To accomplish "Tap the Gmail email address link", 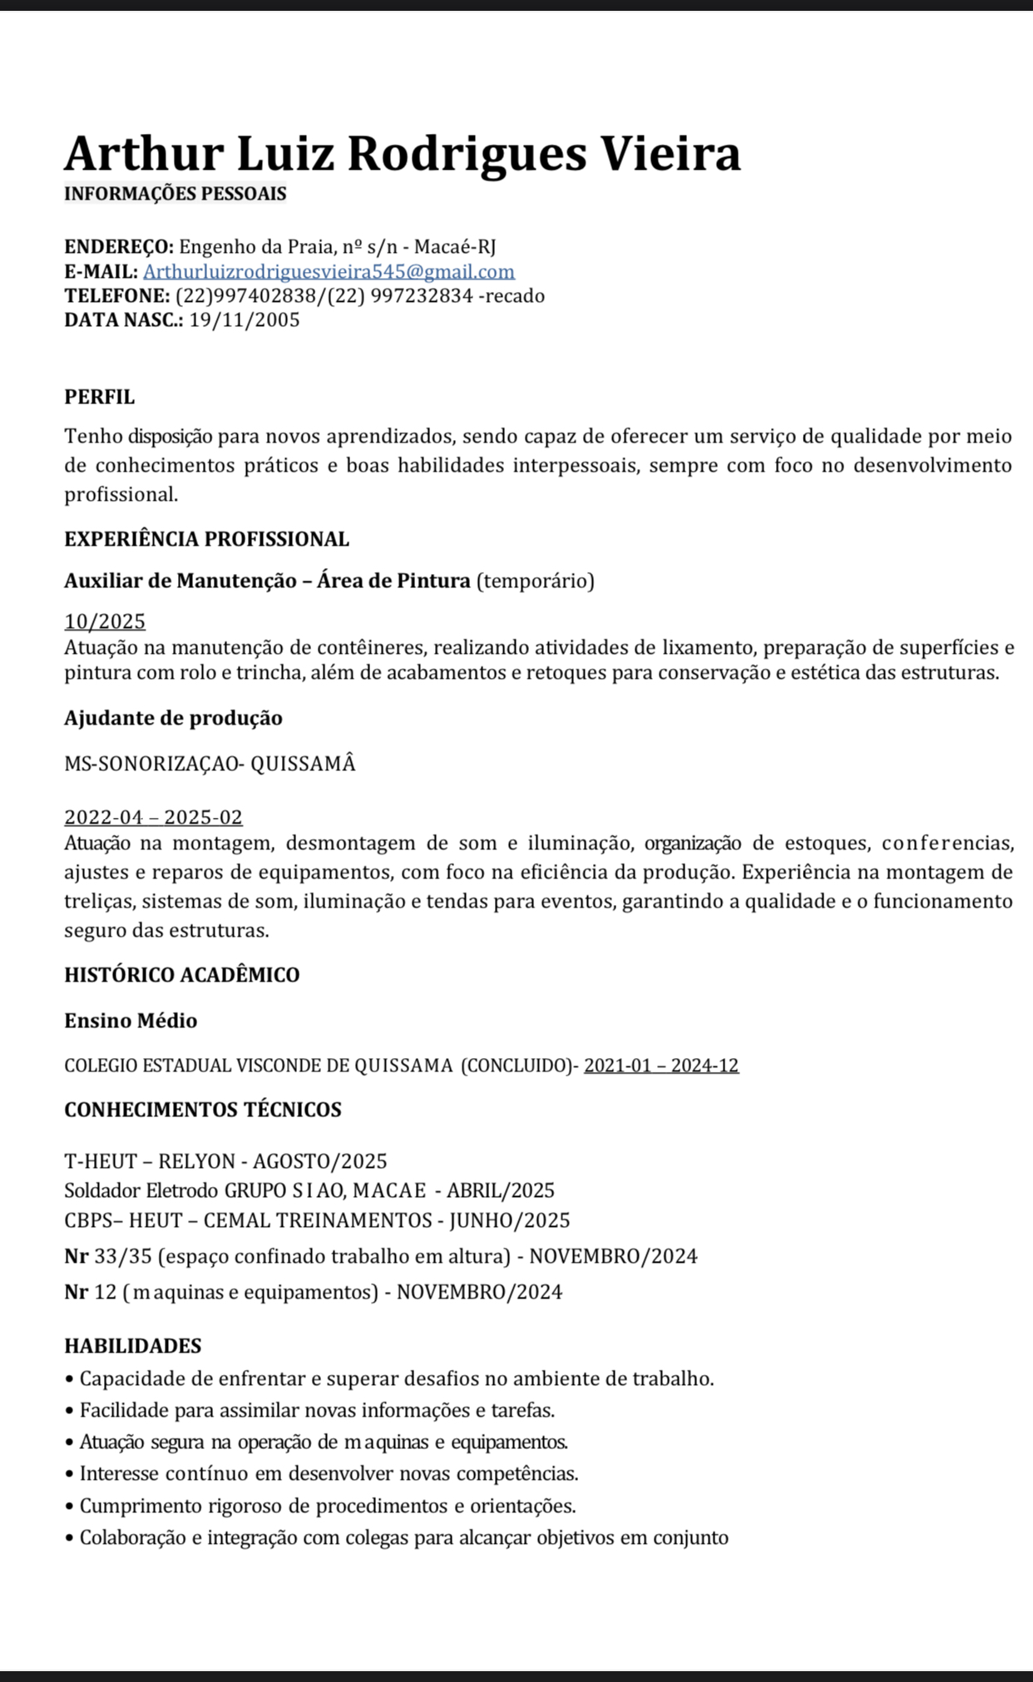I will coord(329,271).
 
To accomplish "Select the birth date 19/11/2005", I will coord(245,320).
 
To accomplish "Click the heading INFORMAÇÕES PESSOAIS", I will coord(175,194).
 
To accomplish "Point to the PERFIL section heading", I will coord(99,397).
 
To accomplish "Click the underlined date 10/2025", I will coord(105,621).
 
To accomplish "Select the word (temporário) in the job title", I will coord(535,581).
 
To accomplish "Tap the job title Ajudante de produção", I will coord(173,718).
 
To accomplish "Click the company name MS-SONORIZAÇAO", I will coord(151,764).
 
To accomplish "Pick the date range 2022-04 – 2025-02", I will coord(153,817).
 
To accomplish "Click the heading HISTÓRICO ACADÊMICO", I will coord(181,975).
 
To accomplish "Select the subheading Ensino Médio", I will coord(131,1021).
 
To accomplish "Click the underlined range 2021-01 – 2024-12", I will coord(661,1066).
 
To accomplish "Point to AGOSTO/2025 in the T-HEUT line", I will coord(320,1161).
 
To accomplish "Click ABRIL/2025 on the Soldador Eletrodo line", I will coord(500,1190).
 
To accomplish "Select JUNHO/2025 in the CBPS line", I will coord(510,1220).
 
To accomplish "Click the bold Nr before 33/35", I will coord(76,1256).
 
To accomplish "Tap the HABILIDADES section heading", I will coord(132,1346).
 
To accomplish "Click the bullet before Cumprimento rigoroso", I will coord(69,1506).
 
